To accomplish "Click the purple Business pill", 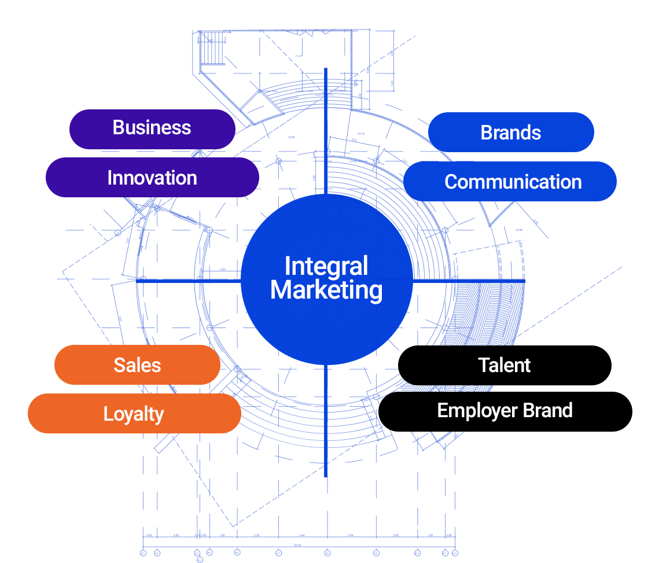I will (152, 128).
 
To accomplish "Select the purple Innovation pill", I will (152, 178).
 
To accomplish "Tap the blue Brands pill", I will (510, 133).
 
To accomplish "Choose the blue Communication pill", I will (513, 182).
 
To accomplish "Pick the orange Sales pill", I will (137, 365).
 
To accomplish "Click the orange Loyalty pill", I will (134, 414).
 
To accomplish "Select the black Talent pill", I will (505, 365).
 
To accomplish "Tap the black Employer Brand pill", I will (505, 411).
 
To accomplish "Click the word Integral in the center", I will (326, 267).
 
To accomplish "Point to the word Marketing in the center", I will (326, 290).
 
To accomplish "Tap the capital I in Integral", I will (287, 267).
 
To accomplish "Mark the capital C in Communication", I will (451, 182).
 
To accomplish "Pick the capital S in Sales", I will (119, 365).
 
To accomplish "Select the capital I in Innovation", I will (109, 178).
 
